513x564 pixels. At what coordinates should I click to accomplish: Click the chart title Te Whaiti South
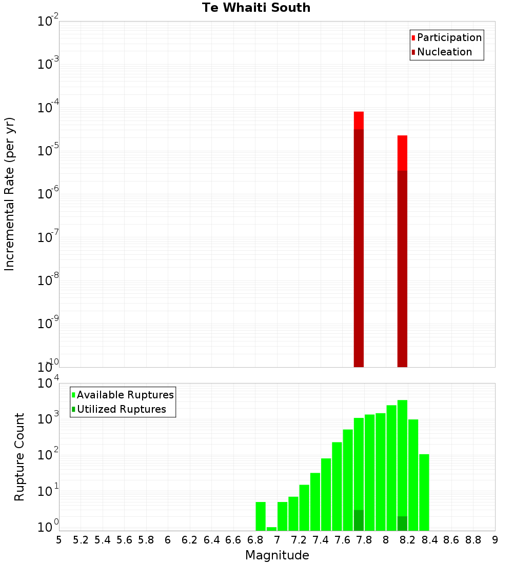coord(256,8)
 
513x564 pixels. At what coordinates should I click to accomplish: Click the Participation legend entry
coord(449,37)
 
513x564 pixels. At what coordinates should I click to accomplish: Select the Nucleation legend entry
coord(444,52)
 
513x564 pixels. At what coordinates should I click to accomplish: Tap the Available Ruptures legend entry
coord(125,395)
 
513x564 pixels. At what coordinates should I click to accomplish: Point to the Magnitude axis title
coord(277,555)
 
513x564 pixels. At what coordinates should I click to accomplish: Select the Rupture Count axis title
coord(19,457)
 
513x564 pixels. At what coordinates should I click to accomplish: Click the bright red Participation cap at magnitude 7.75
coord(359,120)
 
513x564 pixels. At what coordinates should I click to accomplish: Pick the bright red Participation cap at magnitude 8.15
coord(402,153)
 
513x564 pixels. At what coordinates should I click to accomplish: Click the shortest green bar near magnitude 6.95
coord(271,529)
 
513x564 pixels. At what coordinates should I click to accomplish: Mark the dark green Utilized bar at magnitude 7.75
coord(359,520)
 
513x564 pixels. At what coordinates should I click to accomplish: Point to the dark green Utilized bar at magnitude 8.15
coord(402,523)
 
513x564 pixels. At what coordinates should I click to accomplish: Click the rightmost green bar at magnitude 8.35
coord(424,492)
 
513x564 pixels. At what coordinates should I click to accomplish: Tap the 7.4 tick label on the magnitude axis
coord(321,540)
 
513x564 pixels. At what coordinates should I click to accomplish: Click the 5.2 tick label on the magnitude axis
coord(81,540)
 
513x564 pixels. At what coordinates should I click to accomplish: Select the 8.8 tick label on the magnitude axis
coord(473,540)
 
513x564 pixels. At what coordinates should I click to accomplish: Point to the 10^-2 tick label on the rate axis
coord(48,22)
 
